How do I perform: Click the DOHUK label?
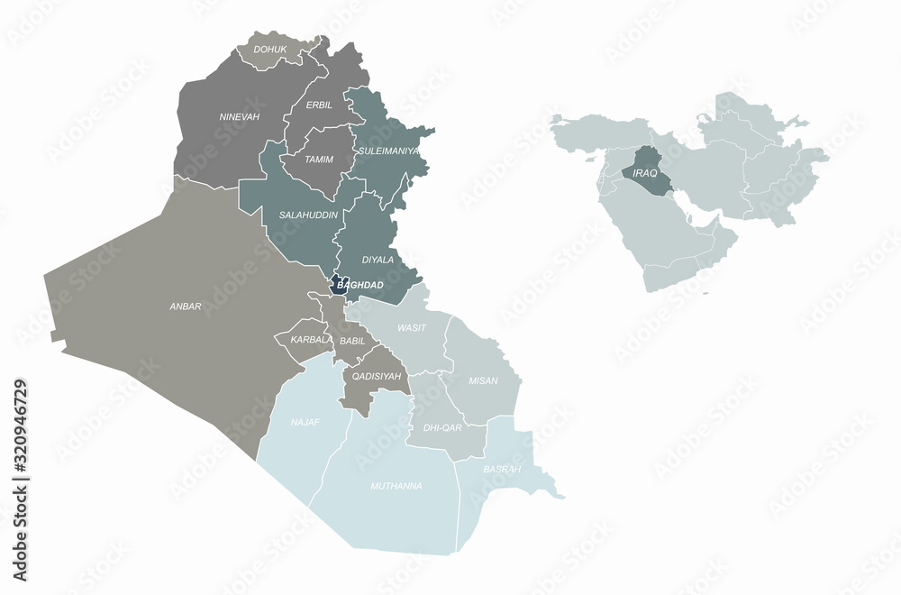[x=270, y=50]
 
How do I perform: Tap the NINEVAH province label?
[x=239, y=117]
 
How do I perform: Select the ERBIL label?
[x=319, y=105]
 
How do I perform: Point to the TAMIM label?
[x=319, y=160]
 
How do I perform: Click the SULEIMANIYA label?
[x=389, y=151]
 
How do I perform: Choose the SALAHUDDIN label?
[x=308, y=215]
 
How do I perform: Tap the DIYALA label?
[x=378, y=260]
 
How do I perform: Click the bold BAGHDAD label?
[x=360, y=286]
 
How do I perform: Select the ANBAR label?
[x=186, y=306]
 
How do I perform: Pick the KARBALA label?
[x=310, y=340]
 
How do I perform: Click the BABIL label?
[x=352, y=341]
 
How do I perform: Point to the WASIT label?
[x=412, y=328]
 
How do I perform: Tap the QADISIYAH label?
[x=377, y=376]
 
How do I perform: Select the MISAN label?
[x=483, y=380]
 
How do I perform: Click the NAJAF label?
[x=305, y=421]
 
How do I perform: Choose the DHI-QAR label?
[x=442, y=428]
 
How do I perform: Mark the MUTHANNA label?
[x=396, y=486]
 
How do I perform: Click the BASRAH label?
[x=502, y=470]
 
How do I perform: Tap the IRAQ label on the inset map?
[x=645, y=172]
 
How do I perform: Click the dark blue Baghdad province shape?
[x=340, y=286]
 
